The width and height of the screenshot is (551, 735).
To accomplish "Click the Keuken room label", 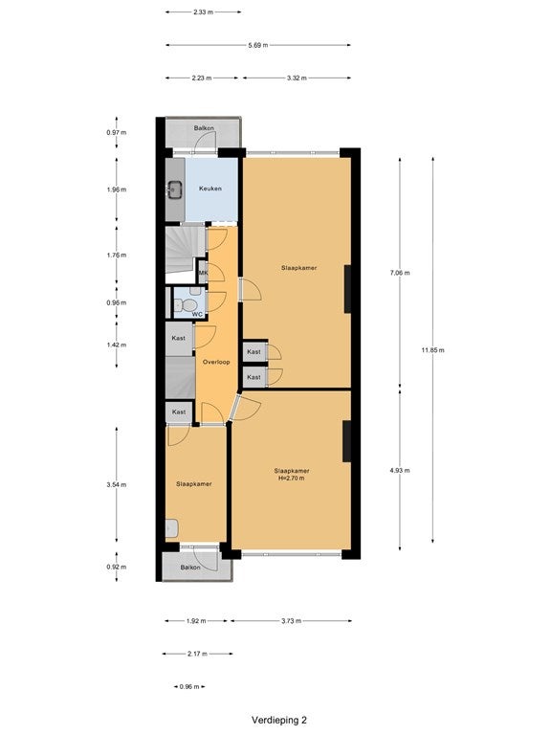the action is [x=209, y=189].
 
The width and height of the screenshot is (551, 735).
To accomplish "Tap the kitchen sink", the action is [x=175, y=189].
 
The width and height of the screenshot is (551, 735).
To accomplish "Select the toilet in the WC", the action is [x=187, y=304].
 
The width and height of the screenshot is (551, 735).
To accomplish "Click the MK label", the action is [x=203, y=273].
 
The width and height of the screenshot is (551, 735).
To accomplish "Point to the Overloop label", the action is [x=216, y=362].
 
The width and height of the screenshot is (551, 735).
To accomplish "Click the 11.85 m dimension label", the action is [x=432, y=349].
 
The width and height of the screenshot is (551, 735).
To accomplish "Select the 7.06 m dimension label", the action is [x=400, y=273].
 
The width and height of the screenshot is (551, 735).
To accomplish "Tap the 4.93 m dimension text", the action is [x=400, y=470].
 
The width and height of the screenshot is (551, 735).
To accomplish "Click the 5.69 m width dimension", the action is [x=258, y=45].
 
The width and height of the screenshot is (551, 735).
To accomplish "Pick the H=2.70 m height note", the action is [x=292, y=479].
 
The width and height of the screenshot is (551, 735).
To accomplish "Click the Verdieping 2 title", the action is [x=278, y=720].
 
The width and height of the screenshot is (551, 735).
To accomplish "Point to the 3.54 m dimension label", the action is [x=116, y=484].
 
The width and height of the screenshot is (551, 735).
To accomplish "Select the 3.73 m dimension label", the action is [x=291, y=620].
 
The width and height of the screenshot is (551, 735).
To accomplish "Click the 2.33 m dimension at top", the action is [x=203, y=12].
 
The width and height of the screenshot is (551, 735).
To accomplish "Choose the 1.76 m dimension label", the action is [x=116, y=255].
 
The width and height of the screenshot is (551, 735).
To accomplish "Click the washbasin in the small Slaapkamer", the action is [x=172, y=528].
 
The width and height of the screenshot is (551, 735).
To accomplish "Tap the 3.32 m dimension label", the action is [x=297, y=78].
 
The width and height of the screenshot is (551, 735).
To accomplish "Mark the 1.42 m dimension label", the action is [x=116, y=345].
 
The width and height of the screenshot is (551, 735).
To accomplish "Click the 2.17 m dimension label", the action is [x=197, y=654].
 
